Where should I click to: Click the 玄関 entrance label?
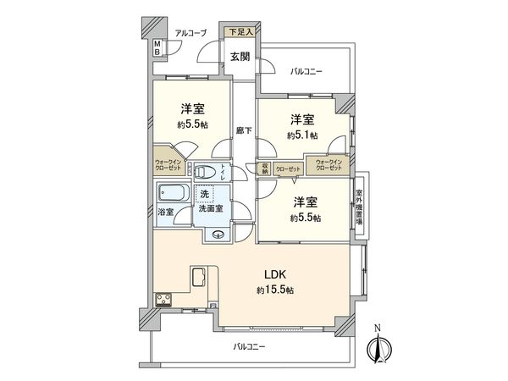coord(239,57)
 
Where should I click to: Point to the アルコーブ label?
coord(190,33)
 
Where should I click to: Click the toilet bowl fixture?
coord(204,172)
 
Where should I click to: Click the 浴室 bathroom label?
coord(168,211)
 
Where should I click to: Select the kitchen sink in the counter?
coord(197,277)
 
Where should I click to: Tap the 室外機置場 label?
coord(359,206)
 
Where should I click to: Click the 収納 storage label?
coord(265,168)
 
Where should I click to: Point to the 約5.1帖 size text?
coord(302,135)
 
